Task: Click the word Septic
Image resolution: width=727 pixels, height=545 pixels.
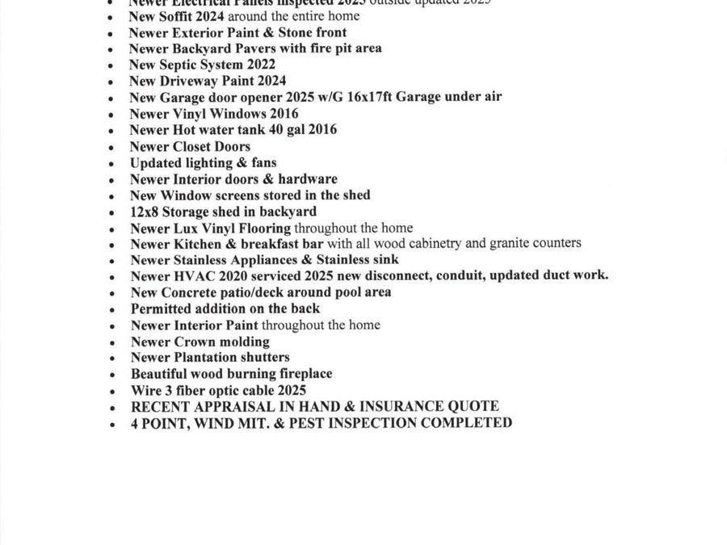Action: pos(181,65)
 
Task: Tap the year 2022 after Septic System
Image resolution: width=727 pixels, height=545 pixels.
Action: pos(259,65)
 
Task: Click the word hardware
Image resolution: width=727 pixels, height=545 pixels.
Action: pos(308,179)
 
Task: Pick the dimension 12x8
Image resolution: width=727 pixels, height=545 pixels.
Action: pos(145,212)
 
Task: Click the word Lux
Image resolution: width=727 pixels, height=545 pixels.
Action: pos(186,228)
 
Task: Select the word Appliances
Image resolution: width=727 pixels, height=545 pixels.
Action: pos(236,260)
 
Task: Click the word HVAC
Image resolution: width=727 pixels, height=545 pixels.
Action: pos(191,275)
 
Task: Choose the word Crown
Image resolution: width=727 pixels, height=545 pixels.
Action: pos(194,342)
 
